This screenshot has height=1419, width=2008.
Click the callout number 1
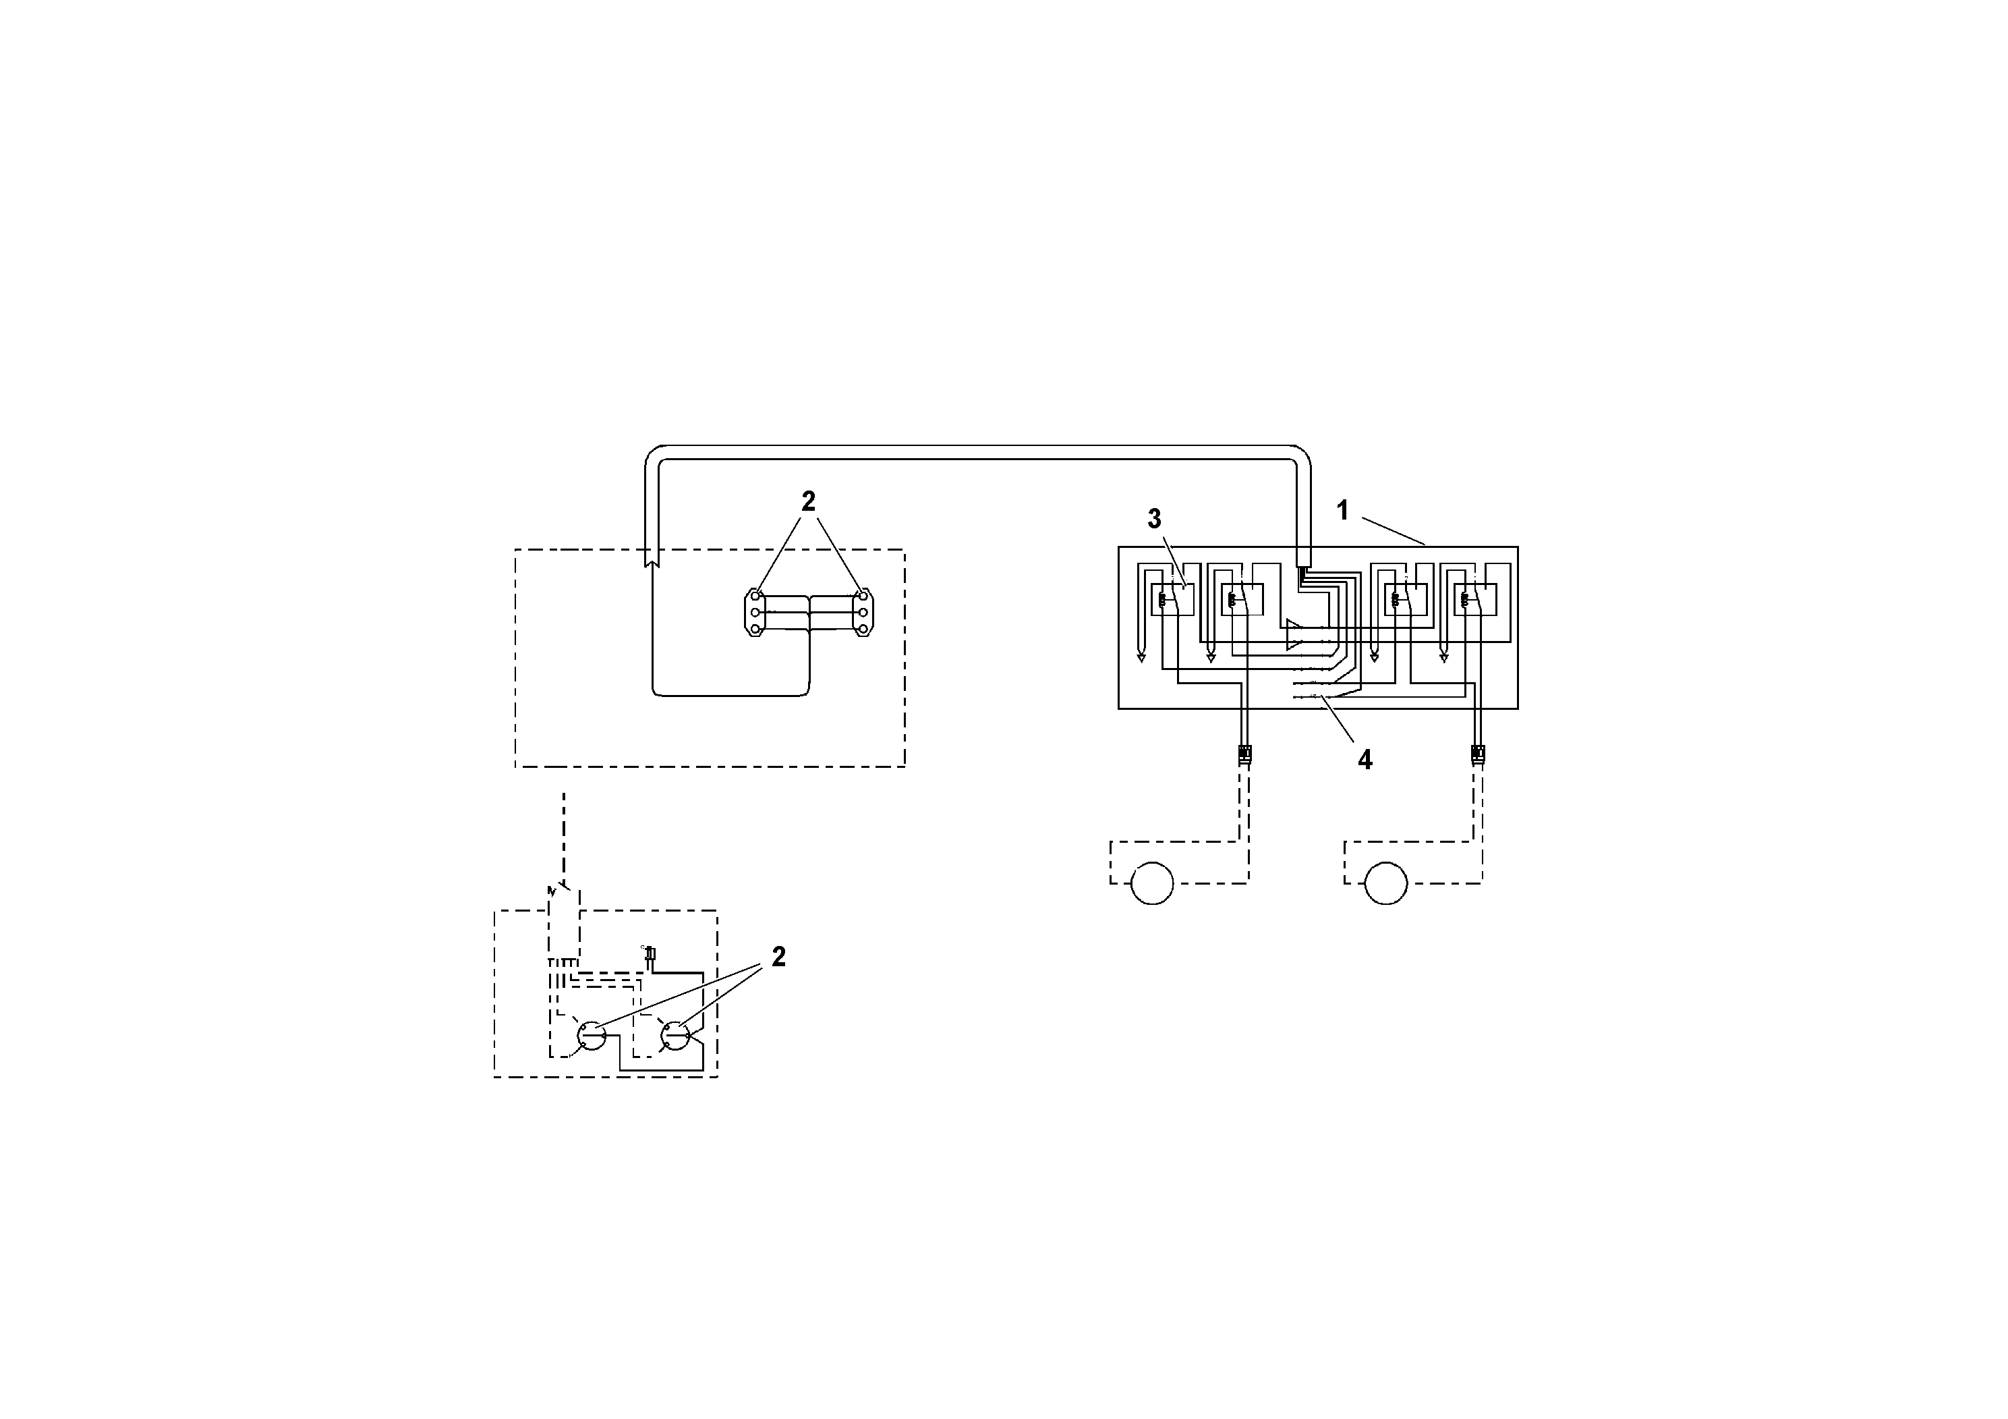pyautogui.click(x=1342, y=511)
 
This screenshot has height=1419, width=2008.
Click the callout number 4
pyautogui.click(x=1365, y=759)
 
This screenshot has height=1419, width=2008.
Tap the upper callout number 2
pyautogui.click(x=808, y=501)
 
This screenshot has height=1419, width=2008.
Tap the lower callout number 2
pyautogui.click(x=778, y=957)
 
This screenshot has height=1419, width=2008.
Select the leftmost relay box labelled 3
pyautogui.click(x=1171, y=600)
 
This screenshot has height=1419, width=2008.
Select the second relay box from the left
pyautogui.click(x=1242, y=600)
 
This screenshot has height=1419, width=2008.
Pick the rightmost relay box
pyautogui.click(x=1475, y=600)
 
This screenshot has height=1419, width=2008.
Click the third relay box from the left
pyautogui.click(x=1406, y=600)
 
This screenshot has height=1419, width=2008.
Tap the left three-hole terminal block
pyautogui.click(x=755, y=613)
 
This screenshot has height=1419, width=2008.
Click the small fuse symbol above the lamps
pyautogui.click(x=650, y=956)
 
